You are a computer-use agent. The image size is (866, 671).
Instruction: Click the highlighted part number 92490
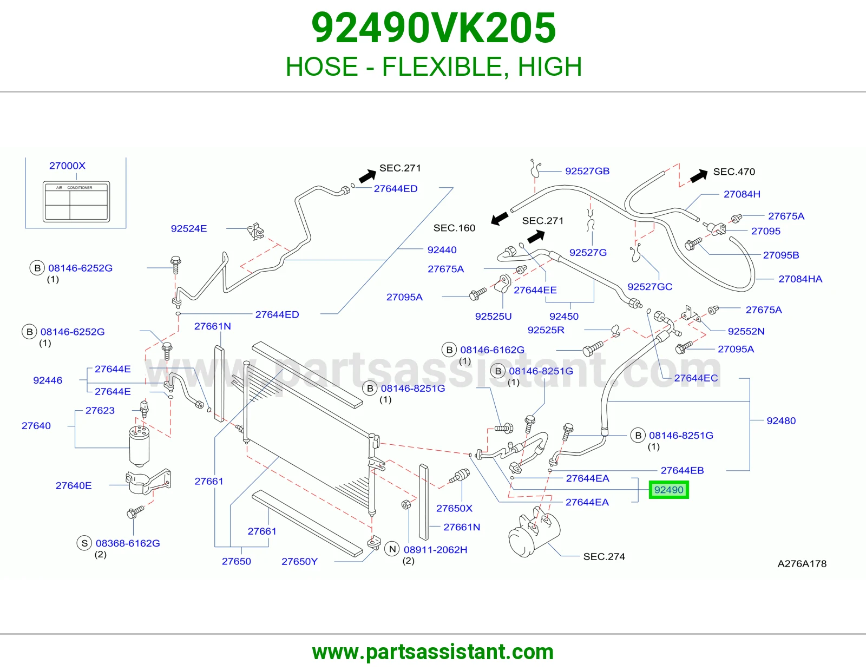pyautogui.click(x=668, y=490)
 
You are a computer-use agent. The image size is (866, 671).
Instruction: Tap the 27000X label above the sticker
pyautogui.click(x=67, y=166)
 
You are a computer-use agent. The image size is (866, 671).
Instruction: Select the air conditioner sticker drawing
pyautogui.click(x=76, y=202)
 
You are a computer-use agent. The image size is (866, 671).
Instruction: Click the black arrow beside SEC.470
pyautogui.click(x=699, y=175)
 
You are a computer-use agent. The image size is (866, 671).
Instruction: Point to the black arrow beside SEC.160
pyautogui.click(x=500, y=218)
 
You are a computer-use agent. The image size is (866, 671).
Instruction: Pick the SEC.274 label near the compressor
pyautogui.click(x=604, y=557)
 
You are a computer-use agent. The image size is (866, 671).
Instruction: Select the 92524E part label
pyautogui.click(x=189, y=229)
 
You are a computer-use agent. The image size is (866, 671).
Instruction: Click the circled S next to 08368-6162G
pyautogui.click(x=84, y=543)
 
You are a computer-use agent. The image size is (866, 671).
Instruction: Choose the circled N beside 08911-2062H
pyautogui.click(x=392, y=549)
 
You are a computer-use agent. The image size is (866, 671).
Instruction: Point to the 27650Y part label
pyautogui.click(x=299, y=562)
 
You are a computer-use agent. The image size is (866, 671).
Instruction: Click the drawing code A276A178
pyautogui.click(x=802, y=564)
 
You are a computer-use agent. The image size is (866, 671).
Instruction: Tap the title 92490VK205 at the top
pyautogui.click(x=433, y=28)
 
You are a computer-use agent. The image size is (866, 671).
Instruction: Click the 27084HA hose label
pyautogui.click(x=801, y=279)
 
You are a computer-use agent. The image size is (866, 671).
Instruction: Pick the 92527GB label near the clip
pyautogui.click(x=587, y=171)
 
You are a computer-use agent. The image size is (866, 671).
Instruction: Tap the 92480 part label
pyautogui.click(x=781, y=421)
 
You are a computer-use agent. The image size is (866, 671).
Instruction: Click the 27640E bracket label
pyautogui.click(x=74, y=485)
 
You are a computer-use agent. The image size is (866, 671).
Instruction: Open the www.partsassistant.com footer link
pyautogui.click(x=433, y=652)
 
